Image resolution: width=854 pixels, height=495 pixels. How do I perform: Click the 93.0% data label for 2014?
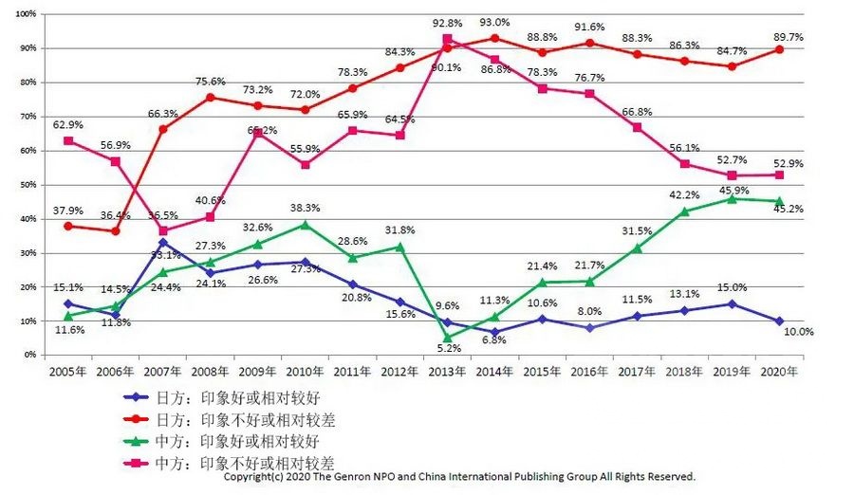493,23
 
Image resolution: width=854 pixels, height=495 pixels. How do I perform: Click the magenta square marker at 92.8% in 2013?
448,40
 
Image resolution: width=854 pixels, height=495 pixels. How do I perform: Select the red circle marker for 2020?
779,49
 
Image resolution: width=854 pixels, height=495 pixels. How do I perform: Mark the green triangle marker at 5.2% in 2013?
447,337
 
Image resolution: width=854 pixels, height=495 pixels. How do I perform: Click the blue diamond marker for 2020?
779,321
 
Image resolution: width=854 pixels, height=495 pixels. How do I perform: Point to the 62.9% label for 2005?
66,124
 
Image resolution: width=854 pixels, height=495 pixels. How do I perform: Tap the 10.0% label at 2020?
797,332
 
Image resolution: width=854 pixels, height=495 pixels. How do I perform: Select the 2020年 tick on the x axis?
778,372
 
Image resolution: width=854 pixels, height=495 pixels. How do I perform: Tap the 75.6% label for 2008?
210,82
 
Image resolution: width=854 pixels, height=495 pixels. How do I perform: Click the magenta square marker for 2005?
67,140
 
